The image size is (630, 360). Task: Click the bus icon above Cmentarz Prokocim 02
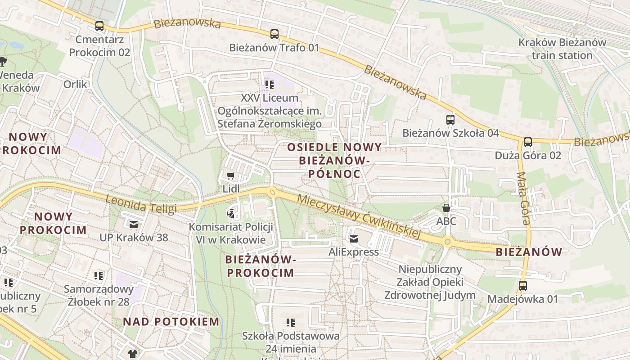tap(99, 26)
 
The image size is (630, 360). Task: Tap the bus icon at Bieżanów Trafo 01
tap(274, 34)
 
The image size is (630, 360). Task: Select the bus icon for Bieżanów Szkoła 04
tap(450, 119)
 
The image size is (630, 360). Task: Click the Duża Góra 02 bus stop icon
tap(528, 142)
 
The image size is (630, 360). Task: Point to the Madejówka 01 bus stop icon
tap(523, 285)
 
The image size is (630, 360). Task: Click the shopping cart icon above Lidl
tap(231, 175)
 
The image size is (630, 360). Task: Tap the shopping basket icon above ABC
tap(446, 208)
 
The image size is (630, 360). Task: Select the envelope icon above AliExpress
tap(354, 238)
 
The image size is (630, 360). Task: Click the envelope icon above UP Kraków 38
tap(134, 224)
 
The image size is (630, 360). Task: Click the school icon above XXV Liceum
tap(270, 84)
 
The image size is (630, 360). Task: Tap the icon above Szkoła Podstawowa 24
tap(291, 322)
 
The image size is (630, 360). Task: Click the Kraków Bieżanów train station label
tap(562, 49)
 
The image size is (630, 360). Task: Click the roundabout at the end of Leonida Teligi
tap(272, 193)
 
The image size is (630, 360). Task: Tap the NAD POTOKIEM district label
tap(171, 322)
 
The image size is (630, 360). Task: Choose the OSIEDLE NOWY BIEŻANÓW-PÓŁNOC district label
tap(334, 160)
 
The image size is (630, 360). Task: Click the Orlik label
tap(75, 84)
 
